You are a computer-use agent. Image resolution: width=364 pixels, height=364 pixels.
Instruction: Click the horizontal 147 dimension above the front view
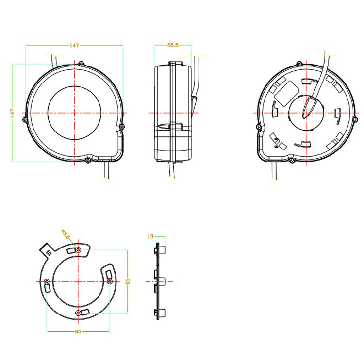74,45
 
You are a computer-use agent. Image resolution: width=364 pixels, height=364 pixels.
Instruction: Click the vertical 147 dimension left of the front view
12,113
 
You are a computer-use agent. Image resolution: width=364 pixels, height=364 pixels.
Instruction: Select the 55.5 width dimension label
173,45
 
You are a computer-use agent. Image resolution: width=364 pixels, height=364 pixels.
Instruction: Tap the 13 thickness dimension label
150,236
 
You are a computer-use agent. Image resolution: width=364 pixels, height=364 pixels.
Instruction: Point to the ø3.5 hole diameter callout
66,234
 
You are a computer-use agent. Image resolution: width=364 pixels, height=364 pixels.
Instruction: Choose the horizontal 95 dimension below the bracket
78,332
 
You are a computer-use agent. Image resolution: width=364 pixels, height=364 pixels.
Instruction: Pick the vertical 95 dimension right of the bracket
128,281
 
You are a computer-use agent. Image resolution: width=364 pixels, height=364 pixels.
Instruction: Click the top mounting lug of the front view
81,64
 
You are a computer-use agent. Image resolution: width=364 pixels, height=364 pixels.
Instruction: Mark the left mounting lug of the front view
25,120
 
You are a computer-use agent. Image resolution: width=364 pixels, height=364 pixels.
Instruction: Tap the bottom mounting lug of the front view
88,160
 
